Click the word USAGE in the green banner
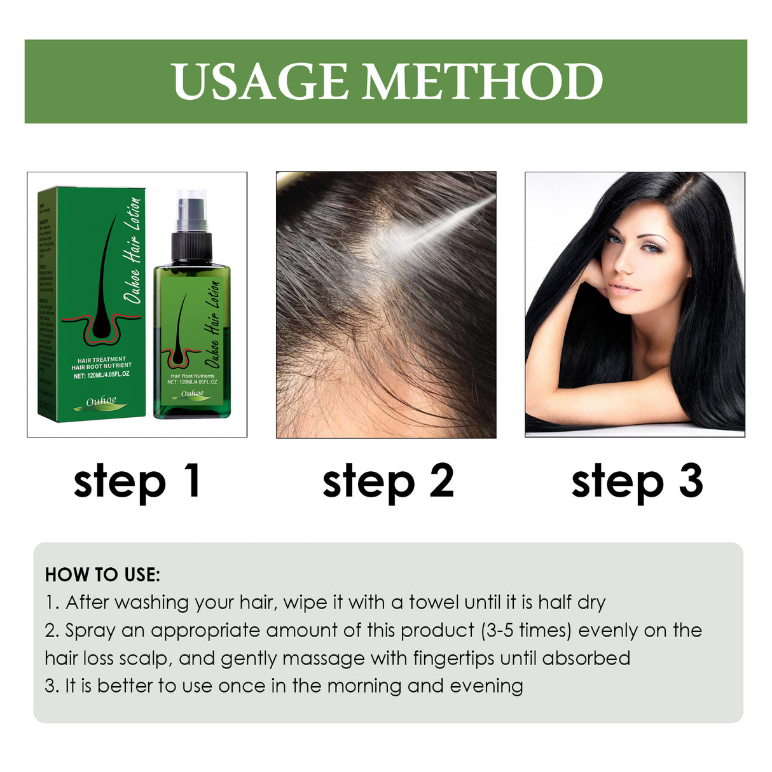click(x=261, y=81)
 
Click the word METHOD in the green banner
click(x=483, y=81)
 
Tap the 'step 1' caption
click(x=137, y=481)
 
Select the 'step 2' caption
click(x=388, y=481)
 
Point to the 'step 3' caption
click(x=637, y=481)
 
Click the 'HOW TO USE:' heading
click(x=102, y=575)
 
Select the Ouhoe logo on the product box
click(x=102, y=402)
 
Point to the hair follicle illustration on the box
click(x=102, y=293)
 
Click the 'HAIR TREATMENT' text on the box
click(x=102, y=359)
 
